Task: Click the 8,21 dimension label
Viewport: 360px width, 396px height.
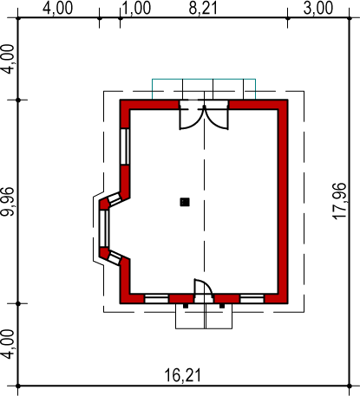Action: click(203, 8)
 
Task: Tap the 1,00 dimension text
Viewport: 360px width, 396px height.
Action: click(137, 8)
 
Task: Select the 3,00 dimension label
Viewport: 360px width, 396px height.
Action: click(318, 8)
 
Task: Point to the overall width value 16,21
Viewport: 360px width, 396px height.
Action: click(182, 375)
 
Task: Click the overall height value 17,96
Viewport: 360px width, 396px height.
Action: click(339, 201)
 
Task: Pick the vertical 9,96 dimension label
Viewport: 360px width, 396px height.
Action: click(7, 202)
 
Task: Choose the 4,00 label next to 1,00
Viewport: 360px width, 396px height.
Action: click(58, 8)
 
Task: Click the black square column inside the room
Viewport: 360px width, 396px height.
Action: click(185, 202)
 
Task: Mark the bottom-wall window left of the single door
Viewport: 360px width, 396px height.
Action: click(156, 299)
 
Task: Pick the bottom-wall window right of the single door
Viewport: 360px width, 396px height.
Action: click(252, 299)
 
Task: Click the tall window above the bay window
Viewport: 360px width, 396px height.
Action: click(125, 146)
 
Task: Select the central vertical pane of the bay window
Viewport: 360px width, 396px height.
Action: click(104, 229)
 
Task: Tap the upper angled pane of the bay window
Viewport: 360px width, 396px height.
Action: click(114, 199)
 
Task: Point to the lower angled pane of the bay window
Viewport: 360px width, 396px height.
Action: click(114, 258)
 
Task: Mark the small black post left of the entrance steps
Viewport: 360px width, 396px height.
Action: click(186, 306)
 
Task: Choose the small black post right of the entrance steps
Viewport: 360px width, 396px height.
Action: click(222, 306)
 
